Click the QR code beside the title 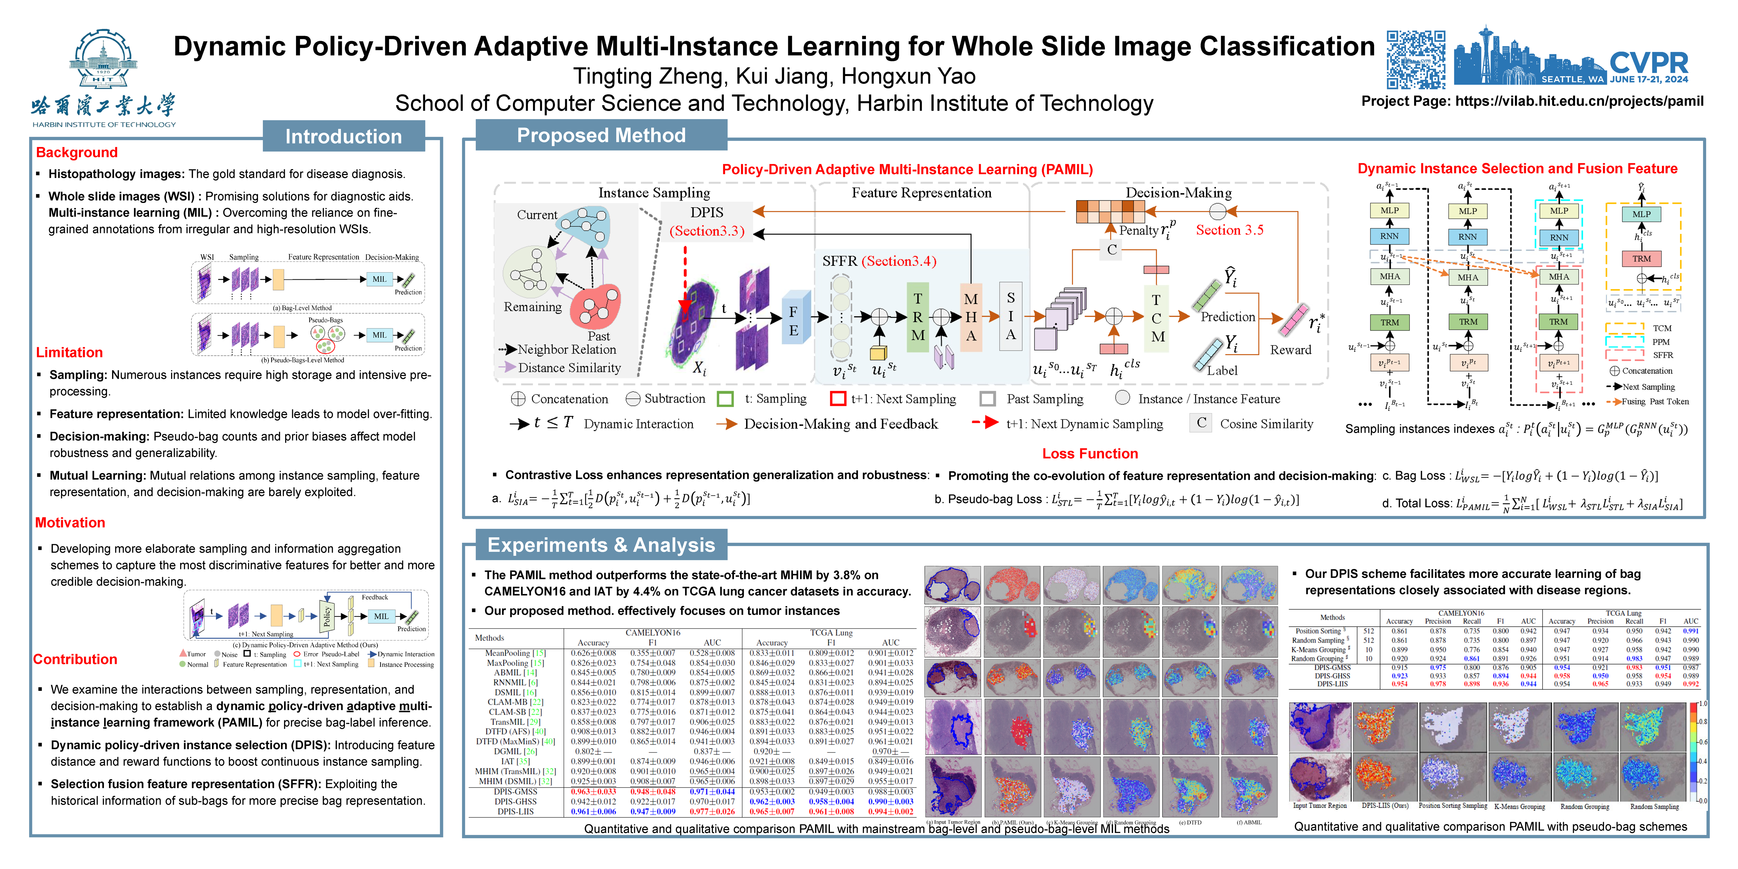1416,59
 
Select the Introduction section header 344,136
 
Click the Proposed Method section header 601,136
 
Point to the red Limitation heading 70,352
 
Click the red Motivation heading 70,523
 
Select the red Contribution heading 75,659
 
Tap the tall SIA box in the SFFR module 1010,316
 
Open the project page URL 1579,101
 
